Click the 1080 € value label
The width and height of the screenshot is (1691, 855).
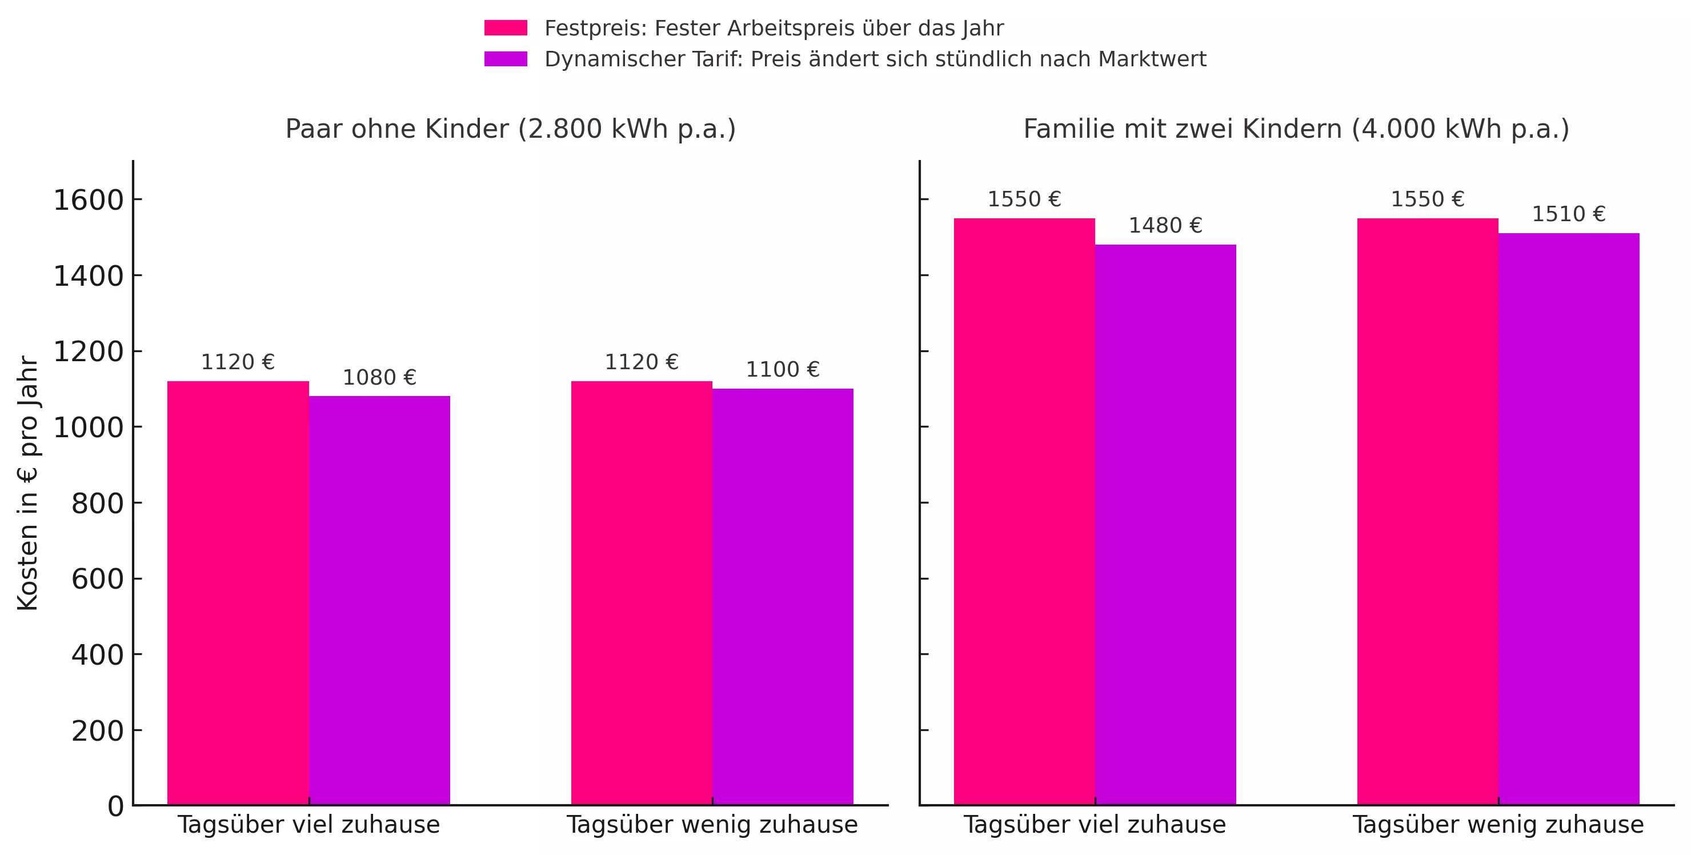379,378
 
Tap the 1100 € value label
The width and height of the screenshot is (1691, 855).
783,370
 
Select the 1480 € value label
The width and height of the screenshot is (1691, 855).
1165,226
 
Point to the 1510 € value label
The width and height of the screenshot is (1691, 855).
1568,214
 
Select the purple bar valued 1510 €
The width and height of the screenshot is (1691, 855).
1568,519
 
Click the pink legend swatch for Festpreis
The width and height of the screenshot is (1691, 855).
506,28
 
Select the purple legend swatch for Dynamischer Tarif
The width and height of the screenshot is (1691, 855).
506,59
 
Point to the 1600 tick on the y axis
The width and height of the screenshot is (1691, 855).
89,200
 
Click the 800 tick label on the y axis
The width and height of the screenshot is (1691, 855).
97,504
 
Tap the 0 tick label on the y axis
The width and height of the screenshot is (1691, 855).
115,806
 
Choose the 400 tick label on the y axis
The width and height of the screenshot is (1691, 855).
97,656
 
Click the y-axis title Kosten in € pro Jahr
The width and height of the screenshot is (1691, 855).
28,484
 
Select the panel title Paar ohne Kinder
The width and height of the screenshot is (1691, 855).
510,129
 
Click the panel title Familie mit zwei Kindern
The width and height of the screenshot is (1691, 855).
1296,129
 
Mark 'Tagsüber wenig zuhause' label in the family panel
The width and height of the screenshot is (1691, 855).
1498,825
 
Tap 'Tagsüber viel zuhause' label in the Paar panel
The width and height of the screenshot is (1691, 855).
308,825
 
